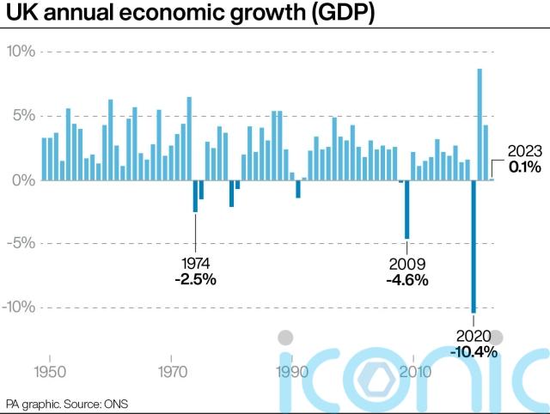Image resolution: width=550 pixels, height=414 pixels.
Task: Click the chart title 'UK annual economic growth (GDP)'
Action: tap(190, 15)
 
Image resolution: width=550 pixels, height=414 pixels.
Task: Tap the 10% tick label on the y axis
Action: tap(21, 52)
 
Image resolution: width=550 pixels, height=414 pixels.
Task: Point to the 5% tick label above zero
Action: tap(23, 116)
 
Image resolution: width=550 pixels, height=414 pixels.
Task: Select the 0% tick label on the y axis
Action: tap(23, 180)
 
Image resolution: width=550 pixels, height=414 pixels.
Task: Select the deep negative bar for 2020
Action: tap(473, 247)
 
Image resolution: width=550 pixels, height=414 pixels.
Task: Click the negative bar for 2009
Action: tap(406, 210)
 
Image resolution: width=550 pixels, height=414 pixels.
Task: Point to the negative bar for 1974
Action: tap(195, 196)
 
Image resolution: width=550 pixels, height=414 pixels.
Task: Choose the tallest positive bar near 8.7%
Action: tap(480, 125)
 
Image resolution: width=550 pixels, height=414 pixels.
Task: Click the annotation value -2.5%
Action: tap(195, 279)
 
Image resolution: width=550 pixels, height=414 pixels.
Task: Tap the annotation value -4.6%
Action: tap(406, 279)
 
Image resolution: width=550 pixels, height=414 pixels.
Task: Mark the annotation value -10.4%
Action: tap(474, 351)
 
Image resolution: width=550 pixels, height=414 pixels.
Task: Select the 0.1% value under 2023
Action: tap(523, 167)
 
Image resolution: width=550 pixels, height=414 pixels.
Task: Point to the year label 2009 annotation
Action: tap(406, 264)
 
